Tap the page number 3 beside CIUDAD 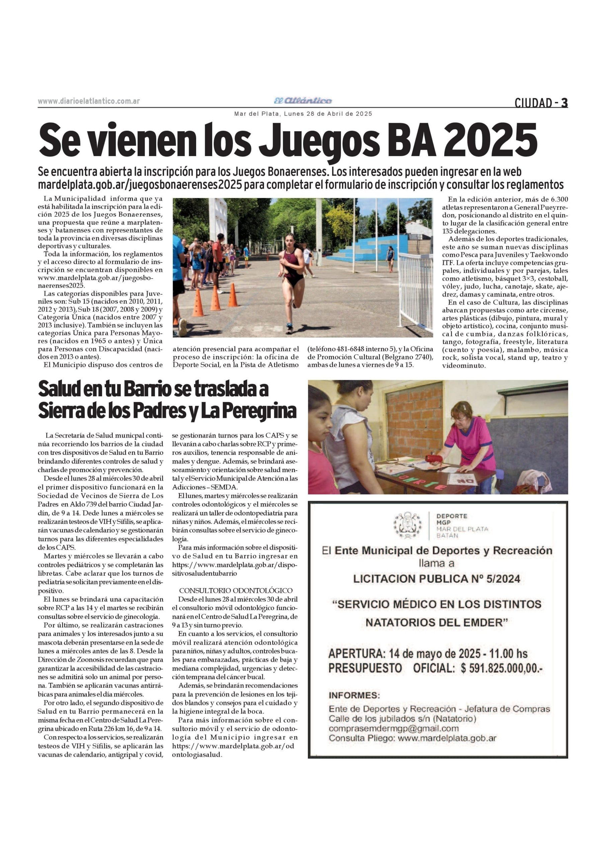tap(565, 103)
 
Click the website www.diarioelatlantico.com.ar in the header tap(89, 101)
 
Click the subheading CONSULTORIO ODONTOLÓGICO tap(236, 591)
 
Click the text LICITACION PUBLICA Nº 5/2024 tap(437, 578)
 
